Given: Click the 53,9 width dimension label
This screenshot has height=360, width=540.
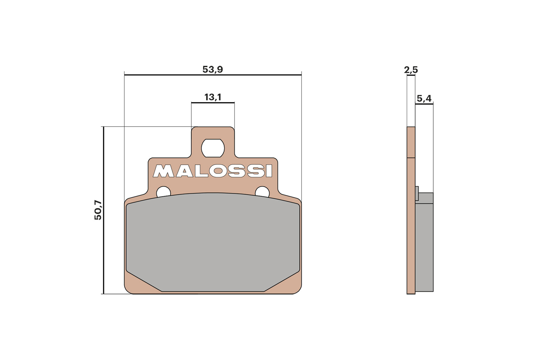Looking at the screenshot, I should (x=213, y=69).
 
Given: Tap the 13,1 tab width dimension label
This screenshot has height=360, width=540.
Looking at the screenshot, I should (x=213, y=97).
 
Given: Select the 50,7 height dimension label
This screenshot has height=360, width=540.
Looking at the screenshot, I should (x=98, y=210).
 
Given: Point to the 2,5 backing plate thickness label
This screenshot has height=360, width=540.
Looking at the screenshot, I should (x=411, y=70).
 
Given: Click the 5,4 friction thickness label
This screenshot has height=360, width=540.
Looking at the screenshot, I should (x=424, y=98).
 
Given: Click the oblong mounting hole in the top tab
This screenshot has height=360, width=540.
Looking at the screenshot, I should (x=213, y=148).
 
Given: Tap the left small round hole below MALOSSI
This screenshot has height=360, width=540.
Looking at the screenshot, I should (x=163, y=192).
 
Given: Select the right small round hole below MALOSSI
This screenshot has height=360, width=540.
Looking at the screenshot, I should (x=262, y=192).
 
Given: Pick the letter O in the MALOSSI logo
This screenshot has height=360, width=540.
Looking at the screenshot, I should (x=218, y=171).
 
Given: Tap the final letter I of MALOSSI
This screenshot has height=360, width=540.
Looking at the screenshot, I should (x=269, y=171).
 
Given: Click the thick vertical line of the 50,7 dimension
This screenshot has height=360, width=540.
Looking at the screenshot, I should (x=104, y=210).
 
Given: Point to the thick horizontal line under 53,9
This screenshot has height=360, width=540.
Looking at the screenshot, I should (x=213, y=75).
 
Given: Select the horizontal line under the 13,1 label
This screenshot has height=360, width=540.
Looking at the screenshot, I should (x=213, y=103).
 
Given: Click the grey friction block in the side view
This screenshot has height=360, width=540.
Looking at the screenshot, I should (x=424, y=244).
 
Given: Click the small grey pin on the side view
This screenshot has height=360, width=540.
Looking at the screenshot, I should (x=417, y=193).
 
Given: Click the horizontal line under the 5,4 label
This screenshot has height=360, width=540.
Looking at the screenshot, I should (x=424, y=104).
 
